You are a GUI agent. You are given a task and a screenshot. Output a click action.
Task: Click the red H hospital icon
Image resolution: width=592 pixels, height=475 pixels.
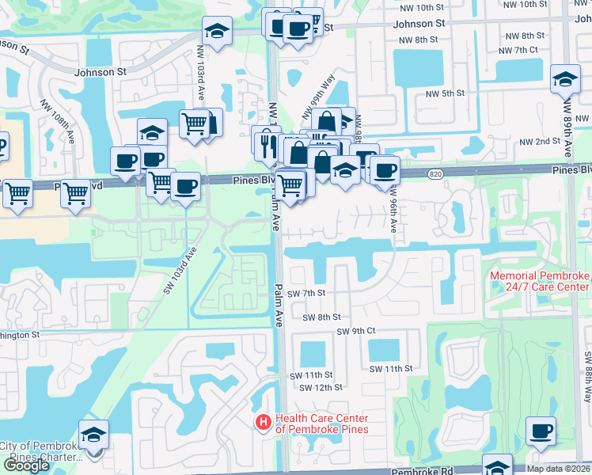coord(263,423)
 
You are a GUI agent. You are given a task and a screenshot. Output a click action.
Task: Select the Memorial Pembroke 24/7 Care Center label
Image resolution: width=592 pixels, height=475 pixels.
coord(541,280)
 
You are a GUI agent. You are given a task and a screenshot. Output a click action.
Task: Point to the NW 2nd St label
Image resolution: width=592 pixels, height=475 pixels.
coord(540,142)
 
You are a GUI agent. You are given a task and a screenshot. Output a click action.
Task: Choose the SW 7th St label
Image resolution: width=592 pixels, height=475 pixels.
coord(306,293)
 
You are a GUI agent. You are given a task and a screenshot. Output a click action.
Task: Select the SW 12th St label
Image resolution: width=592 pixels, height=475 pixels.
coord(321,387)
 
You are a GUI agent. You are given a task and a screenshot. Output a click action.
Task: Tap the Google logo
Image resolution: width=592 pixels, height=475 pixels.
coord(27,465)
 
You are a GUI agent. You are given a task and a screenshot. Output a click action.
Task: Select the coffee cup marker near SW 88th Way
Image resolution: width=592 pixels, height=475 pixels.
coord(541,431)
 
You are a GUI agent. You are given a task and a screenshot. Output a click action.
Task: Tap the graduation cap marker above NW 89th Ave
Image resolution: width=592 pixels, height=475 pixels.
coord(565,80)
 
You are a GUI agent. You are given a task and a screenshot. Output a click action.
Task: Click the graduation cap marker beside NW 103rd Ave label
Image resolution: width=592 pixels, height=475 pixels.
coord(217,31)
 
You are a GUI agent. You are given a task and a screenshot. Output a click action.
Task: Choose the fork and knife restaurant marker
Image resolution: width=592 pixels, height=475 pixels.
coord(266,141)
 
